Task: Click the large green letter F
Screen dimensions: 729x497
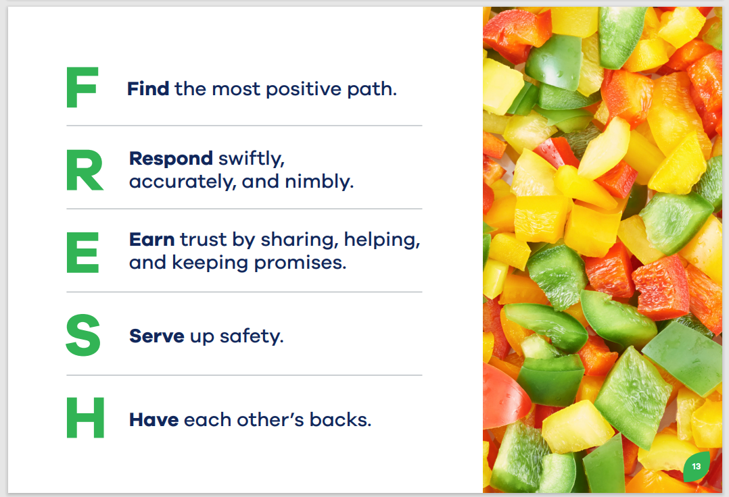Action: [x=83, y=87]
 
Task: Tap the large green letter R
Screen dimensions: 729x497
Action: [x=85, y=170]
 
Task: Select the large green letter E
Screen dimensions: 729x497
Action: [x=83, y=253]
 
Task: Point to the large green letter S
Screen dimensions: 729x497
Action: [x=83, y=335]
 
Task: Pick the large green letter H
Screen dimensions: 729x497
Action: [x=85, y=417]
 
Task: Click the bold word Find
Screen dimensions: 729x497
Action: [x=148, y=88]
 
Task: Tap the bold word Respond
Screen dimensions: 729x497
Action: [x=171, y=159]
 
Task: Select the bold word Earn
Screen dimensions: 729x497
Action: [x=152, y=240]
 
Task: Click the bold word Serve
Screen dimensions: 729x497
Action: [x=157, y=336]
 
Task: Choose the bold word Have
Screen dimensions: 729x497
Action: [x=154, y=419]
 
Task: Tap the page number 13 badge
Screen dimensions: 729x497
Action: [x=697, y=466]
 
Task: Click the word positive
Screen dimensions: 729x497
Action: [x=304, y=90]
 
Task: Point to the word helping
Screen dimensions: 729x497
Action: [x=382, y=240]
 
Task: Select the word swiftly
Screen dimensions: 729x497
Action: [x=252, y=159]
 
